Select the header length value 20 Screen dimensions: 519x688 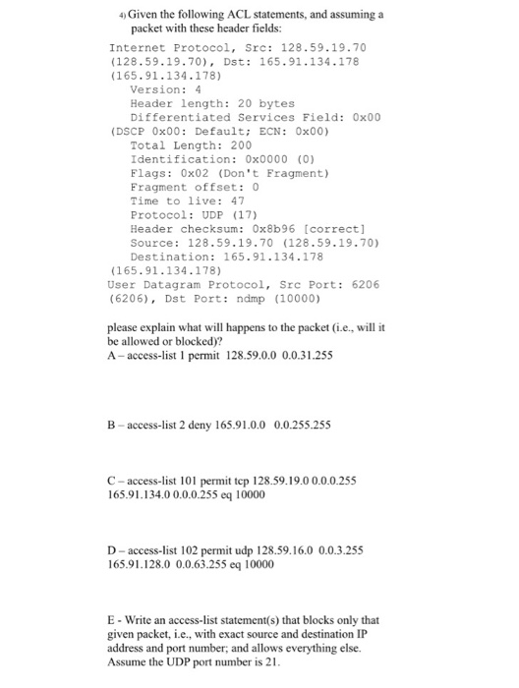click(x=242, y=102)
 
